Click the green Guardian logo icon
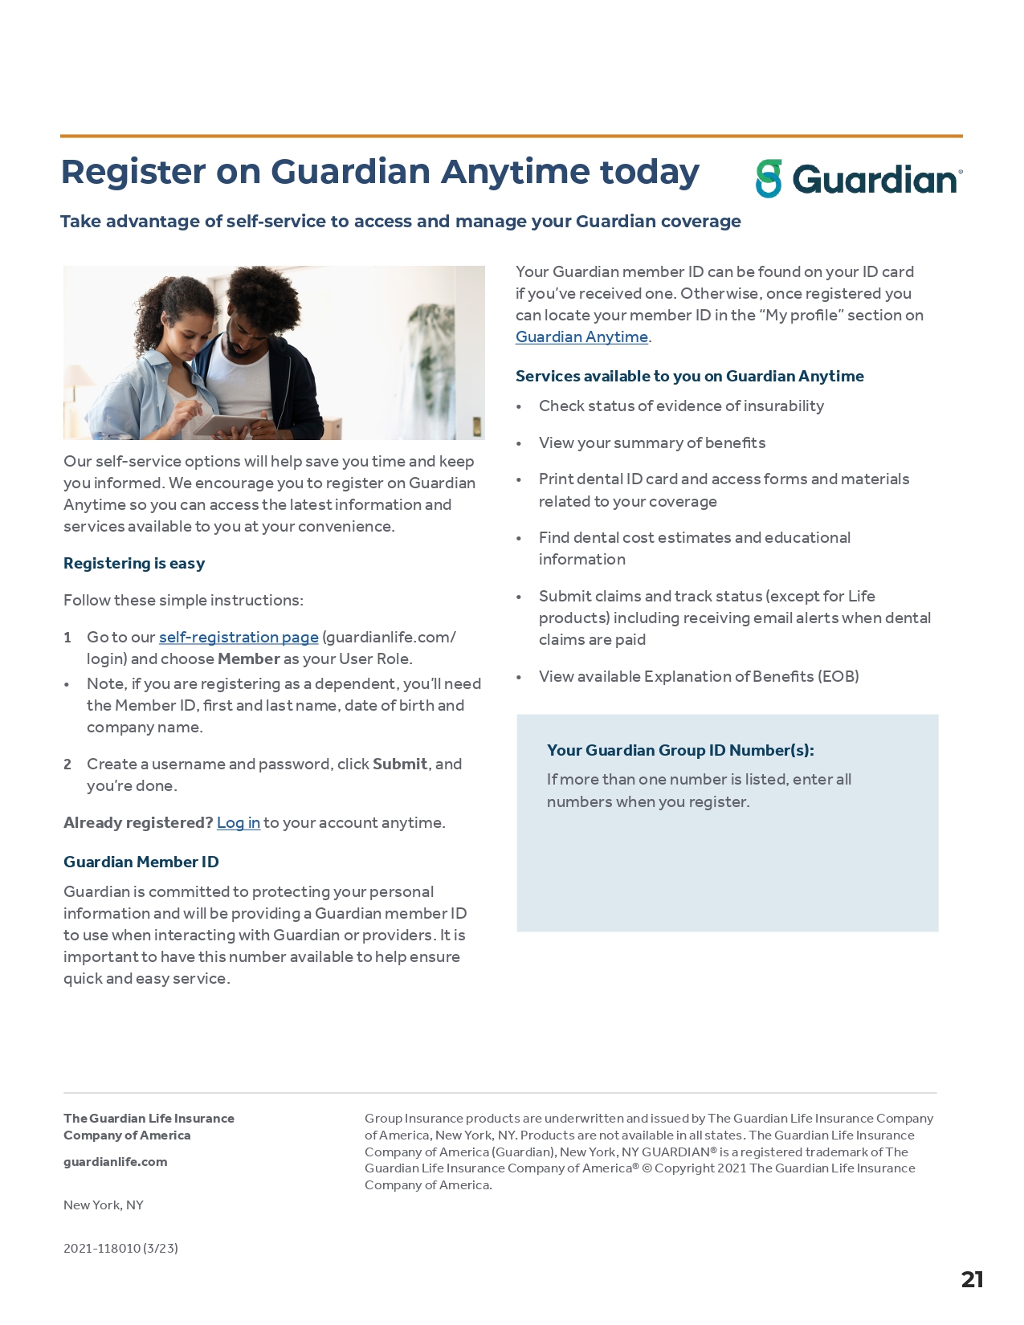(769, 178)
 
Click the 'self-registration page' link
(239, 637)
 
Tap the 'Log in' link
(239, 822)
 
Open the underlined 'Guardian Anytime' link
(581, 336)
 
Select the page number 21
(972, 1279)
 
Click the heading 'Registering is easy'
(134, 563)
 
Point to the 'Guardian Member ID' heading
(141, 862)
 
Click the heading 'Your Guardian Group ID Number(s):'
(680, 750)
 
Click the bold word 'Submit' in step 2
(399, 764)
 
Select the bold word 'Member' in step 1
(249, 658)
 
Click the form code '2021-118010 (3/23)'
(120, 1248)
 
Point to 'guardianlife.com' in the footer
(116, 1161)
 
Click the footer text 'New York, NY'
(104, 1205)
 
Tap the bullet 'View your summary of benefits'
(651, 442)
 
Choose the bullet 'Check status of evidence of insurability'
(681, 406)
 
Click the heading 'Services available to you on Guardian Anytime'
(689, 376)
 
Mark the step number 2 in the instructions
(67, 764)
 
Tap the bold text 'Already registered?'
(138, 822)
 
